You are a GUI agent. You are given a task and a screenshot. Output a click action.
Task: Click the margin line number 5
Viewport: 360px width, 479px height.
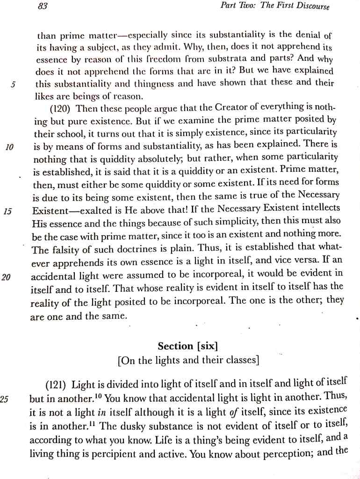(x=14, y=85)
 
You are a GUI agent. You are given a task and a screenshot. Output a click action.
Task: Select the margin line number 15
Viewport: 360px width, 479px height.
(x=8, y=211)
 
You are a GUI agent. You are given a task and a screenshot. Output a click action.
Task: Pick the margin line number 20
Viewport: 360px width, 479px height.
(x=6, y=277)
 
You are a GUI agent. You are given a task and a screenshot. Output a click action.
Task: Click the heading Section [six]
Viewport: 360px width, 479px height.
(x=188, y=346)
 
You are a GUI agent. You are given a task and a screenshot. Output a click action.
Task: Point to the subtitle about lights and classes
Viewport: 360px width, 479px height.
(x=188, y=361)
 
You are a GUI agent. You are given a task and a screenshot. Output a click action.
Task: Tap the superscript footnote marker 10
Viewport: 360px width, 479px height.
(x=99, y=397)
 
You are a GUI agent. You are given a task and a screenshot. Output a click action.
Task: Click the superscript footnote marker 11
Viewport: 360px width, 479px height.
(x=94, y=423)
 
